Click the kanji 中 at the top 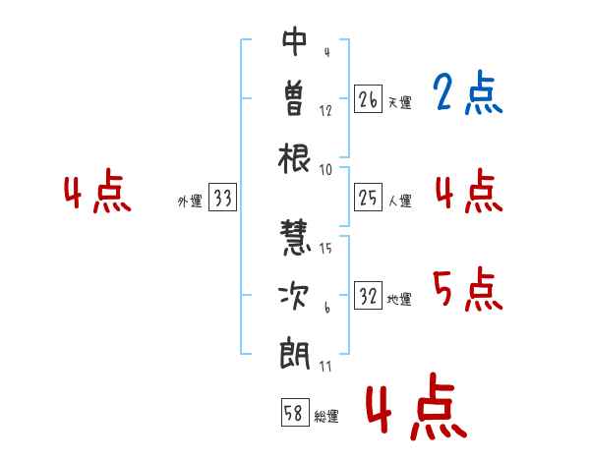pyautogui.click(x=295, y=41)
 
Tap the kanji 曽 pyautogui.click(x=294, y=98)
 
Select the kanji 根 pyautogui.click(x=294, y=158)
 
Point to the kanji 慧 pyautogui.click(x=295, y=238)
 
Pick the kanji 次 pyautogui.click(x=294, y=295)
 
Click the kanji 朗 pyautogui.click(x=295, y=355)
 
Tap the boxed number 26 pyautogui.click(x=368, y=99)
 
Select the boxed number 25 pyautogui.click(x=368, y=198)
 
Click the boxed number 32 pyautogui.click(x=368, y=296)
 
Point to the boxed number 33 pyautogui.click(x=222, y=198)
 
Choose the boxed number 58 pyautogui.click(x=295, y=412)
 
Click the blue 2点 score pyautogui.click(x=468, y=92)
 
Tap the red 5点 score pyautogui.click(x=468, y=289)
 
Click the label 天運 pyautogui.click(x=399, y=102)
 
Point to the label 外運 pyautogui.click(x=190, y=202)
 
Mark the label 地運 pyautogui.click(x=399, y=300)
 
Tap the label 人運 pyautogui.click(x=400, y=201)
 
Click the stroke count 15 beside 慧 pyautogui.click(x=325, y=249)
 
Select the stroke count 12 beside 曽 pyautogui.click(x=325, y=111)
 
